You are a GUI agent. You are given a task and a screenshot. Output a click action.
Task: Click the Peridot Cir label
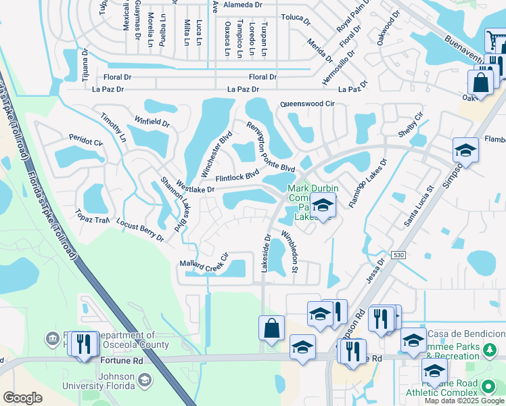[x=85, y=142]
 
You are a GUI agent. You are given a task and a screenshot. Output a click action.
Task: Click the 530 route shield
[x=399, y=254]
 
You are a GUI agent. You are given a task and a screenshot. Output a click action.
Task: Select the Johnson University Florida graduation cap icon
[x=145, y=380]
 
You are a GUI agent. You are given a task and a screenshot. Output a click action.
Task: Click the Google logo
[x=23, y=398]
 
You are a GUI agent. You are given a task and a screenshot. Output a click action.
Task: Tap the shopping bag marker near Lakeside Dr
[x=271, y=328]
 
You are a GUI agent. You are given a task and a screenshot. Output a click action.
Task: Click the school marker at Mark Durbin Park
[x=323, y=206]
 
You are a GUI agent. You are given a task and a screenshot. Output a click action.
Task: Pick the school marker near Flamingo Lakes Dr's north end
[x=465, y=150]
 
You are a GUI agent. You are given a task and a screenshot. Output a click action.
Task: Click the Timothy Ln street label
[x=113, y=127]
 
